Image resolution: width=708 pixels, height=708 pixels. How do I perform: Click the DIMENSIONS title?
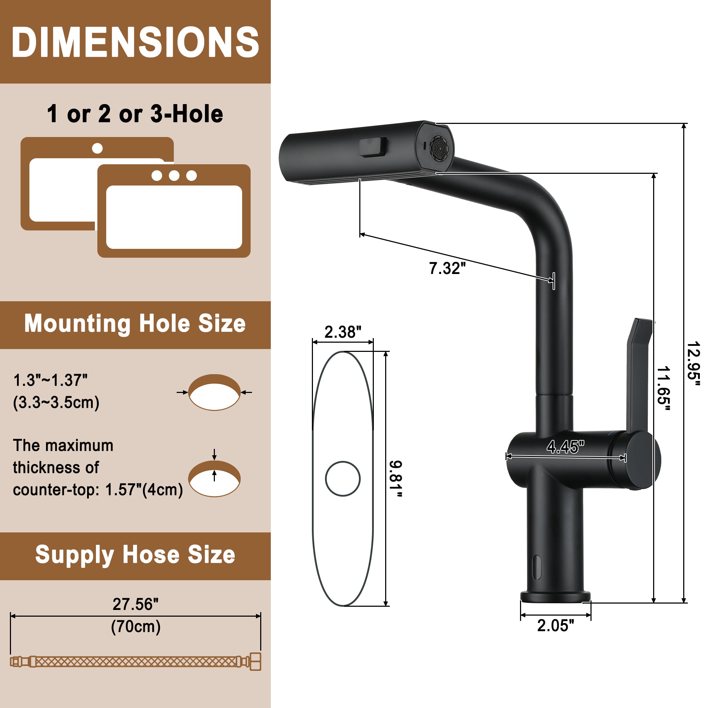click(x=135, y=42)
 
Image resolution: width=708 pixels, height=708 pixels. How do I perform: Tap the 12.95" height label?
click(x=693, y=364)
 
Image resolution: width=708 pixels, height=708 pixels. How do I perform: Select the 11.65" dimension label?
click(x=663, y=388)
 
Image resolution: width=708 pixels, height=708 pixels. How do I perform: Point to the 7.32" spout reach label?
click(x=447, y=268)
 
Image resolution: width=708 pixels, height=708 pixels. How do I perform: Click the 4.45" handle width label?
click(x=565, y=446)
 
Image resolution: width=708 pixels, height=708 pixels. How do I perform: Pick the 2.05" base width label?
click(x=555, y=625)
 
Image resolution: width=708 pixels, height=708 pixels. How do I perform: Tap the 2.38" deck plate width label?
click(x=343, y=332)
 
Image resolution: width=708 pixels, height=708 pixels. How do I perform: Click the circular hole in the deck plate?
click(x=343, y=479)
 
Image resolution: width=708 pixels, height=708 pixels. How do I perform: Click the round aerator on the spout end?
click(x=439, y=147)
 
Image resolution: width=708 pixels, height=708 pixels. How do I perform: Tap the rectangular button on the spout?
click(x=373, y=147)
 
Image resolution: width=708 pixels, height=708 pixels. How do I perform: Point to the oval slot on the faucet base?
click(x=537, y=567)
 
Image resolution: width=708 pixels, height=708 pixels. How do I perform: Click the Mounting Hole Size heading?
click(x=135, y=324)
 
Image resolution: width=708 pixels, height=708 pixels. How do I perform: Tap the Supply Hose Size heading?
click(x=135, y=555)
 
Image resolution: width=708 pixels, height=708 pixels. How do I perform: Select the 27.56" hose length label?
click(x=135, y=604)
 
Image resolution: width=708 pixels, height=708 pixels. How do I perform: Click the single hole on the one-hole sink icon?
click(x=97, y=148)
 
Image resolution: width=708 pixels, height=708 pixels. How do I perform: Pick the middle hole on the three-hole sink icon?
click(x=174, y=176)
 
